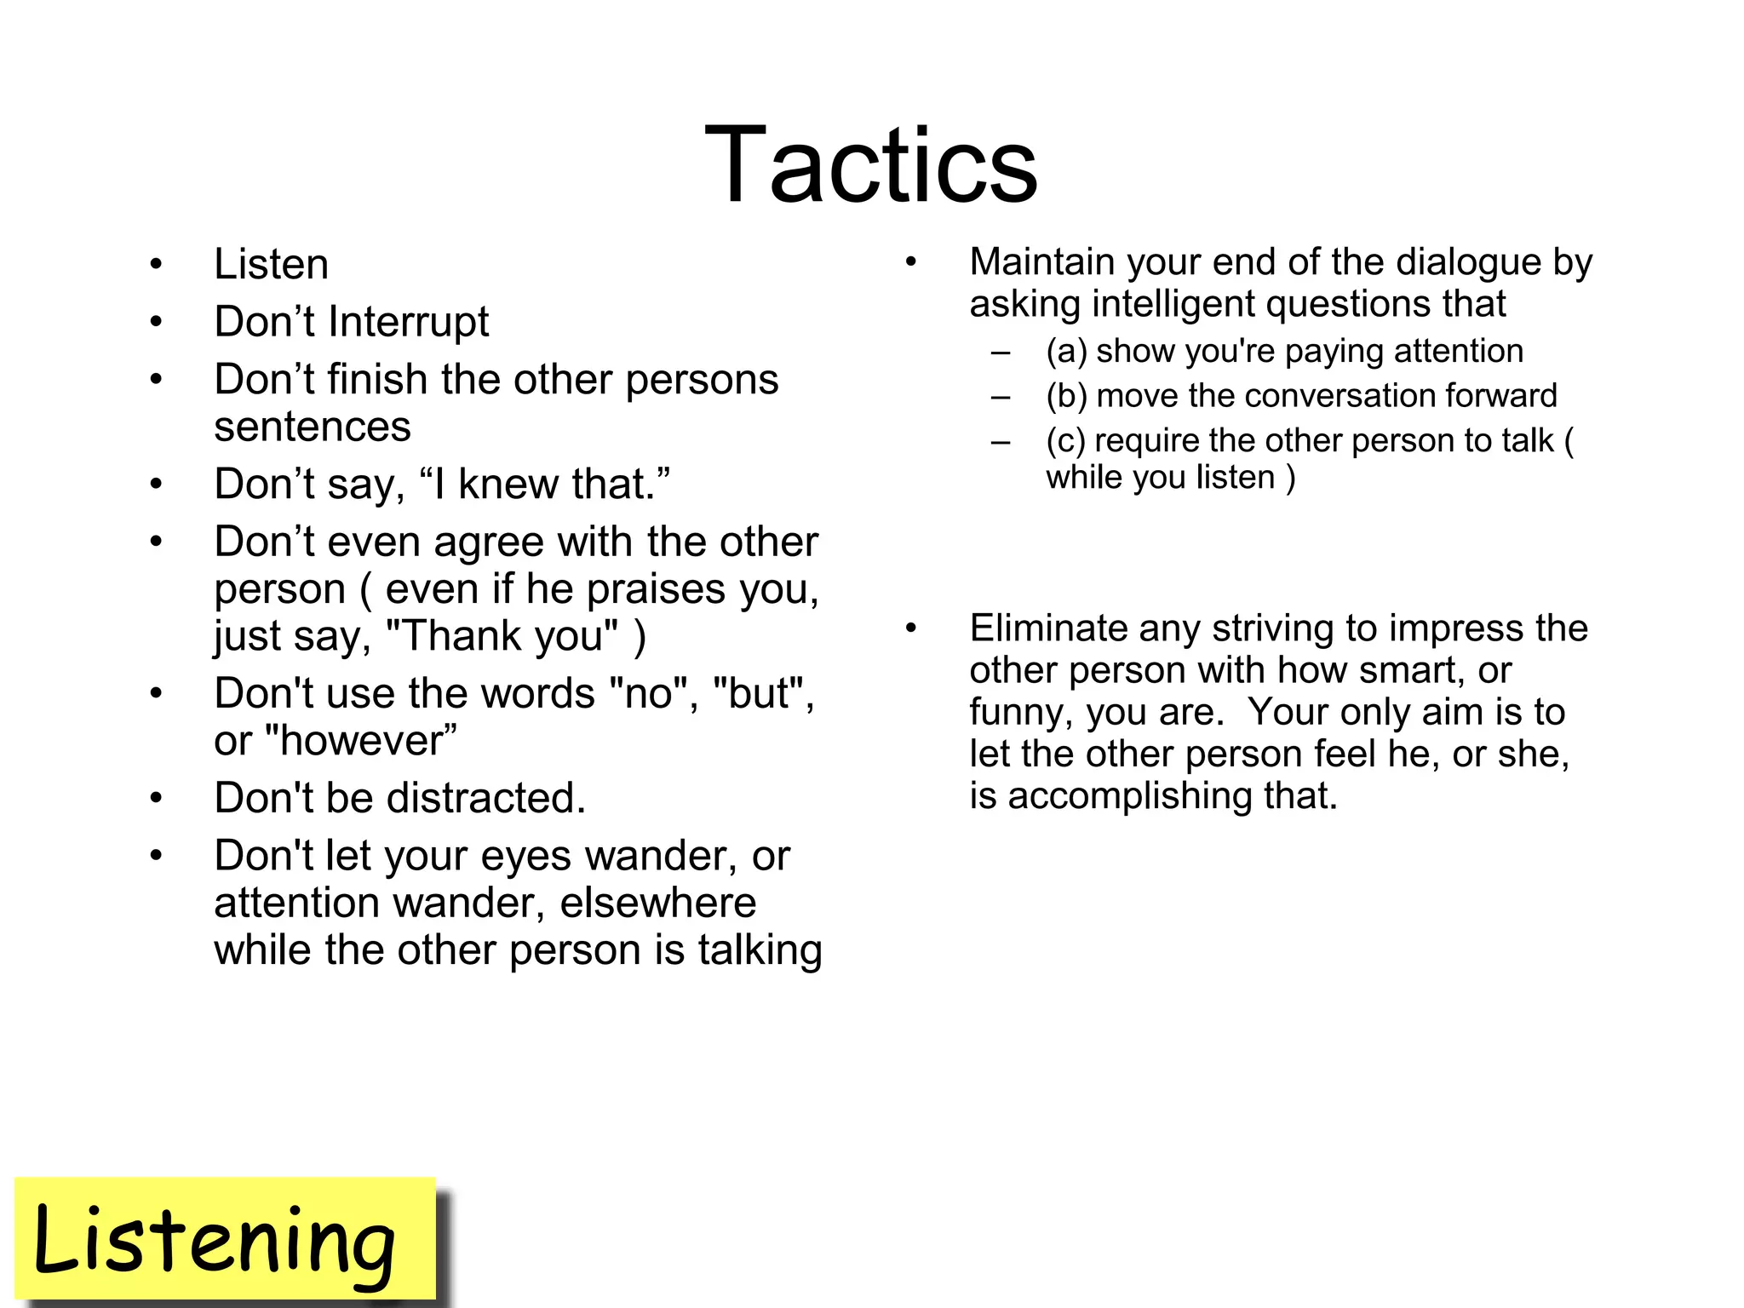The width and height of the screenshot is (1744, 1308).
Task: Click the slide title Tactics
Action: (x=870, y=165)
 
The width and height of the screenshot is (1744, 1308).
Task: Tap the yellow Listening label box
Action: (x=226, y=1239)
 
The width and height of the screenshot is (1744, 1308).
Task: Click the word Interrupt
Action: (x=409, y=322)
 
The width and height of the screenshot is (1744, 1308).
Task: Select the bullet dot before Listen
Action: (x=156, y=264)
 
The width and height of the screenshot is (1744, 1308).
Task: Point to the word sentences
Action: (x=312, y=427)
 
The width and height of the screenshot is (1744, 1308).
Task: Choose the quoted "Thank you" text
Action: (x=502, y=636)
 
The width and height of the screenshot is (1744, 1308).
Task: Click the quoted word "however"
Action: (x=361, y=740)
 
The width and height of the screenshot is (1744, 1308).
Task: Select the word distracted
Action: (x=485, y=798)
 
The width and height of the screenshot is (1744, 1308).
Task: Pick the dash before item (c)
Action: (x=1001, y=442)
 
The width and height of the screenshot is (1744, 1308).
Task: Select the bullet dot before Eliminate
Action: (x=910, y=628)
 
